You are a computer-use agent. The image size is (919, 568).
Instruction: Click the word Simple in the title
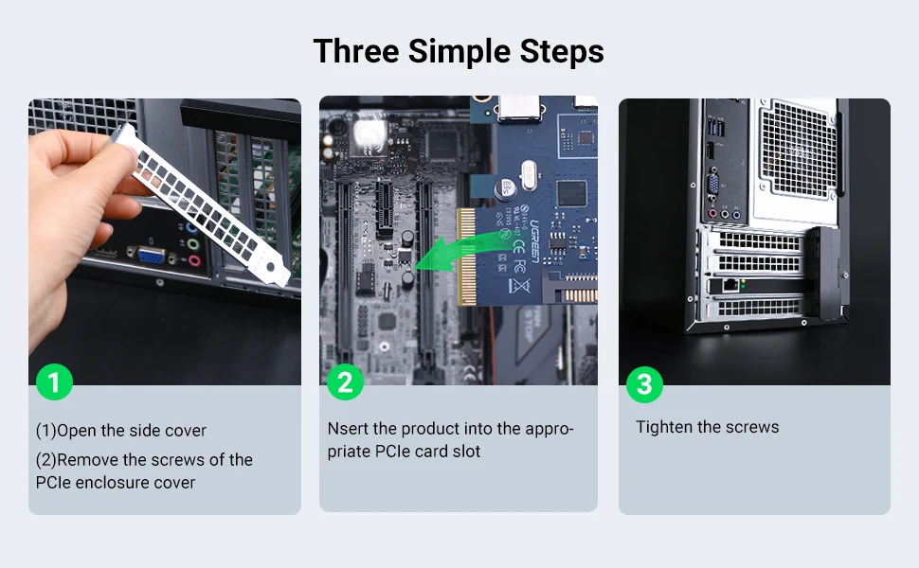459,51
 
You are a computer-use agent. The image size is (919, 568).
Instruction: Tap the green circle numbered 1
55,382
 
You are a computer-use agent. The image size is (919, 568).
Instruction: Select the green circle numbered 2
345,382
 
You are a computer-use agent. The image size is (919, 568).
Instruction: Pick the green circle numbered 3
644,384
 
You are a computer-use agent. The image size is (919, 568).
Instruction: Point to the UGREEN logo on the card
534,241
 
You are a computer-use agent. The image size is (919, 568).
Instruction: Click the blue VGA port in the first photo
151,255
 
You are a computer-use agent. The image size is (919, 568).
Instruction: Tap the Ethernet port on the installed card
730,285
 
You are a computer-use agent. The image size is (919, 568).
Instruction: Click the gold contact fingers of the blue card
466,257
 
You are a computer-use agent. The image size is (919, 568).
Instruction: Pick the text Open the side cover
132,431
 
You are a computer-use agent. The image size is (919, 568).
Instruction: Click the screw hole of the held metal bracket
270,267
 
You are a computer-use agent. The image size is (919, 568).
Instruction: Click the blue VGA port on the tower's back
713,185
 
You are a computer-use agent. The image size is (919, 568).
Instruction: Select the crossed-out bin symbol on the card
518,285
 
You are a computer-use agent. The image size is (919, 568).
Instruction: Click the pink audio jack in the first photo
194,260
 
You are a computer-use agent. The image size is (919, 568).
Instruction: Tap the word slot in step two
468,452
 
